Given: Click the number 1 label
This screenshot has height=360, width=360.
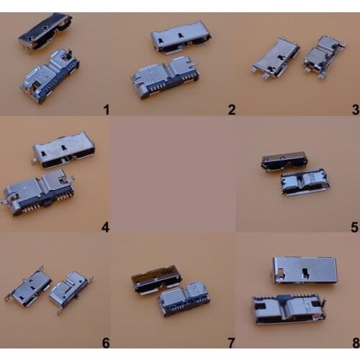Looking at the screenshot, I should (x=106, y=109).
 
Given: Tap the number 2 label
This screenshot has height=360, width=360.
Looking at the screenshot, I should (x=231, y=109).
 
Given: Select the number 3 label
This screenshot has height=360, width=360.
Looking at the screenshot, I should (x=354, y=109).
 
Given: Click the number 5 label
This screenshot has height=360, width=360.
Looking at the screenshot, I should (x=354, y=228).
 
